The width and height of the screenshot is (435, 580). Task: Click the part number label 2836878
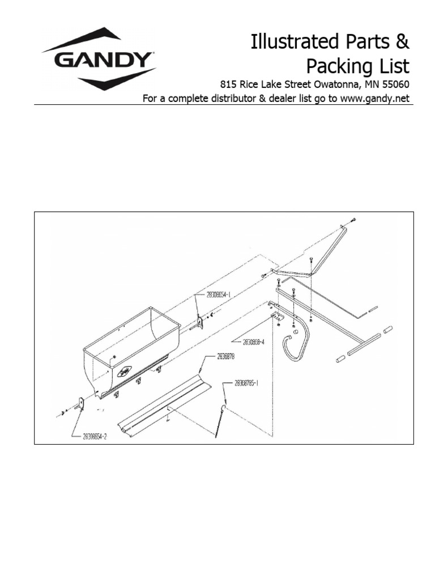coord(227,357)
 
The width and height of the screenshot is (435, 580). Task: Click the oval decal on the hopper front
coord(123,372)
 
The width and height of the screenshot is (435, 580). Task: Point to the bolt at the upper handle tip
coord(353,219)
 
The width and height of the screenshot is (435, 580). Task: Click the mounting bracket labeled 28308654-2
coord(80,404)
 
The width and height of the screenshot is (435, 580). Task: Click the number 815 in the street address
coord(228,84)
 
